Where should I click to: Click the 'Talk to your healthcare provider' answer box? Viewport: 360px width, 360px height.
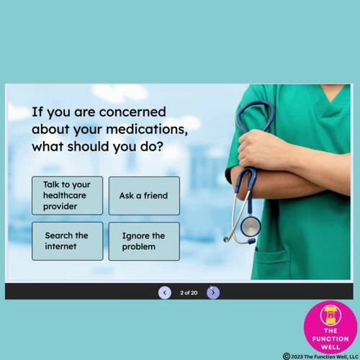[68, 195]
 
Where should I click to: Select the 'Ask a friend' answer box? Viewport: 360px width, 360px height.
[144, 195]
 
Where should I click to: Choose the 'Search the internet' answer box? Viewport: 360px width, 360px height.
[68, 240]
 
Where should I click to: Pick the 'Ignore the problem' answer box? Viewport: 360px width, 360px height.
[144, 240]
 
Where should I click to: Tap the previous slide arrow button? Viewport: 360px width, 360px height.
[165, 292]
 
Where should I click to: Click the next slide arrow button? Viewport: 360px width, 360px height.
[213, 292]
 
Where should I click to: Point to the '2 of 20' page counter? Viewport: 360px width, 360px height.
[189, 292]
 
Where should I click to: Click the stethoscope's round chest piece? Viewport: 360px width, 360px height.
[250, 226]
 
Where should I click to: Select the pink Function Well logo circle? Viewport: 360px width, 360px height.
[331, 326]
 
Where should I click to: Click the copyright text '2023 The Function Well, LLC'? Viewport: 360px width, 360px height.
[324, 356]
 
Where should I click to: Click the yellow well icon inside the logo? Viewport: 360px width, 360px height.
[331, 314]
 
